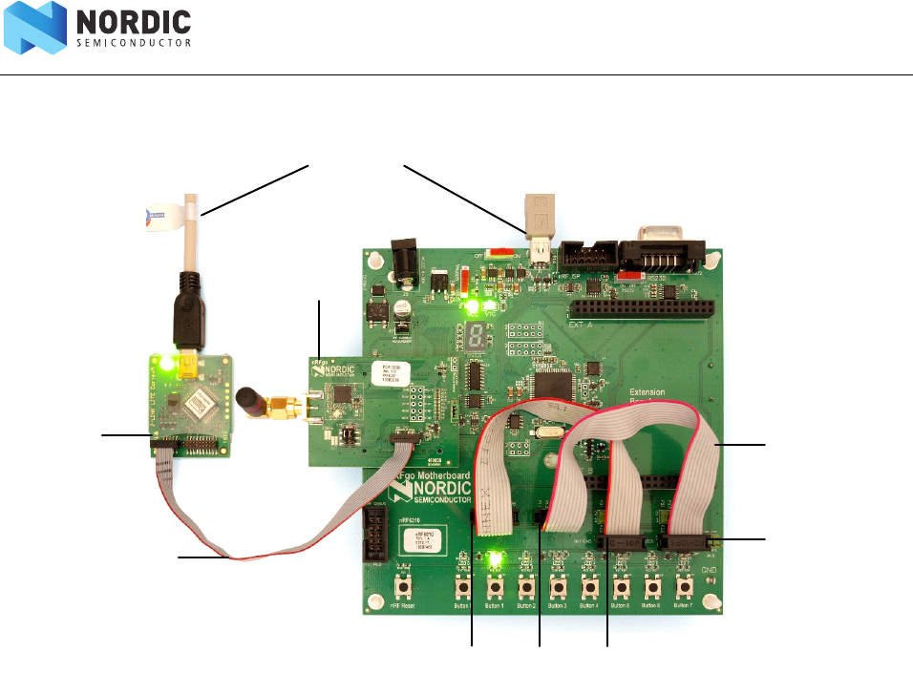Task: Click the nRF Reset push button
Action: point(406,586)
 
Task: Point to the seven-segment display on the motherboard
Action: point(477,335)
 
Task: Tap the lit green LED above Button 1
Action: point(495,558)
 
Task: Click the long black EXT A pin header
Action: point(642,311)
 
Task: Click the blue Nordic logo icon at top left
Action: point(34,28)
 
